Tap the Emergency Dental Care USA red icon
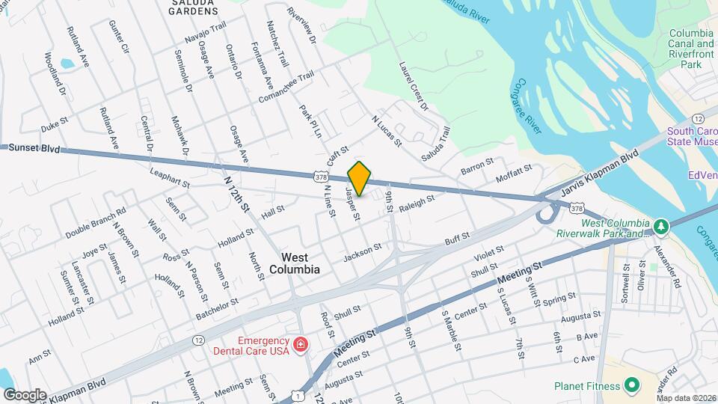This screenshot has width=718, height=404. (x=300, y=345)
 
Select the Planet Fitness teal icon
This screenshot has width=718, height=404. (x=632, y=385)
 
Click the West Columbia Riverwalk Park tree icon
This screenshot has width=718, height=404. (x=660, y=226)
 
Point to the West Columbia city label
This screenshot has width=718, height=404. (x=295, y=263)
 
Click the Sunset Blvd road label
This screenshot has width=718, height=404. (x=34, y=148)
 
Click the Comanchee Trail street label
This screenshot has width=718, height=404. (x=284, y=88)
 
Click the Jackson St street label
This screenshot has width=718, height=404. (x=363, y=252)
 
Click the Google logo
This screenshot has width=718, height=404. (x=25, y=394)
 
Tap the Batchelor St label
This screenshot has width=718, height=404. (x=217, y=307)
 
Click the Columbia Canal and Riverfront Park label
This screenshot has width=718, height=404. (x=690, y=49)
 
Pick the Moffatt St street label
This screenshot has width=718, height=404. (x=514, y=176)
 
